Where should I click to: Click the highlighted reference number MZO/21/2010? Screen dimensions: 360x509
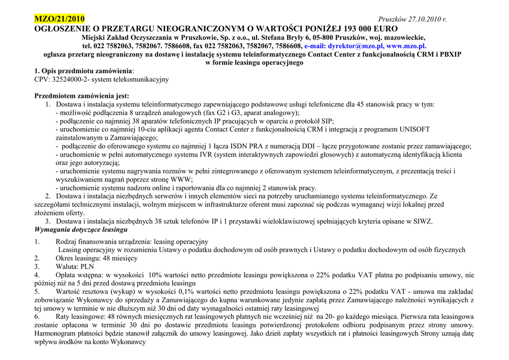pyautogui.click(x=59, y=19)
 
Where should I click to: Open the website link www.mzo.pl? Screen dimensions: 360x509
pyautogui.click(x=410, y=46)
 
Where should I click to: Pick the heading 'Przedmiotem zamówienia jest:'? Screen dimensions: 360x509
pyautogui.click(x=82, y=96)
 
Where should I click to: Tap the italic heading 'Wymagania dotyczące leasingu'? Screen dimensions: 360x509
pyautogui.click(x=81, y=230)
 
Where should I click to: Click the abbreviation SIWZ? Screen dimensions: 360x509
pyautogui.click(x=423, y=221)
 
